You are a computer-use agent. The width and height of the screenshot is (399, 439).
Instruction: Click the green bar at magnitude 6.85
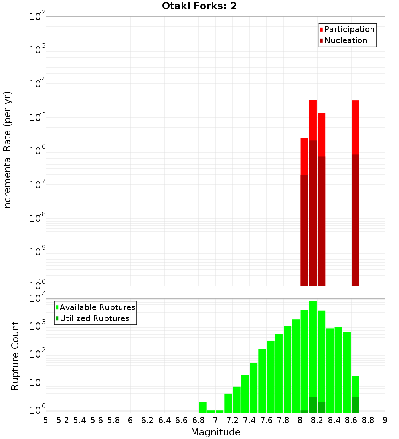(203, 407)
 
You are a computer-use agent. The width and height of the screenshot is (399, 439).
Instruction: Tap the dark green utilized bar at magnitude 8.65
(355, 405)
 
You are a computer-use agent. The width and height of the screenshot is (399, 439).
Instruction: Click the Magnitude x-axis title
(215, 432)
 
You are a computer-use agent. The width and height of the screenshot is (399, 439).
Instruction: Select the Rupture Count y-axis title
(15, 356)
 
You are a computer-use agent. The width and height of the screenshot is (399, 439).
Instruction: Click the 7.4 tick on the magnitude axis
(249, 420)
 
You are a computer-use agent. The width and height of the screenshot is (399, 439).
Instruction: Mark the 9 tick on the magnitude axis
(385, 420)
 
